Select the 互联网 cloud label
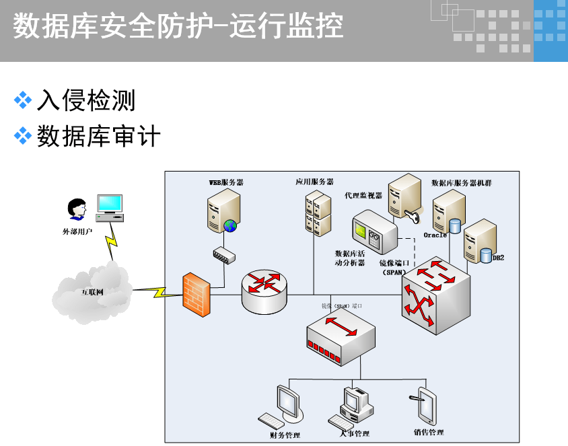(x=92, y=292)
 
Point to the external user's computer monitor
(x=110, y=204)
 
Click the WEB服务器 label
(x=226, y=182)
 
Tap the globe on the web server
(x=231, y=225)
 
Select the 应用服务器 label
(x=314, y=182)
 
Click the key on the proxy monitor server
(x=414, y=217)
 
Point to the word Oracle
(x=435, y=235)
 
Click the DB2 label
(x=498, y=258)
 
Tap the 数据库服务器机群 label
(x=461, y=182)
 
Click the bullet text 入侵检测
(x=86, y=101)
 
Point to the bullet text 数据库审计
(x=99, y=137)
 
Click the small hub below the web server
(x=222, y=254)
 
